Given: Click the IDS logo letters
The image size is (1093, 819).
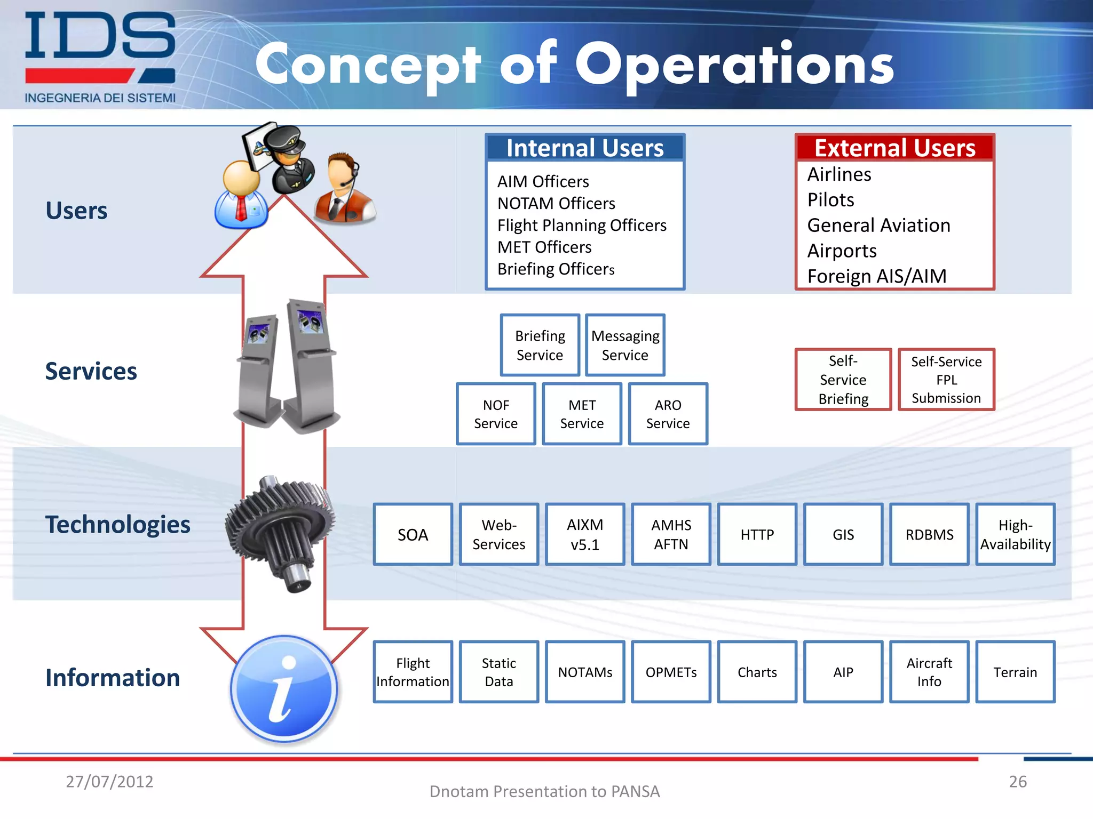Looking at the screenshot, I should (x=100, y=36).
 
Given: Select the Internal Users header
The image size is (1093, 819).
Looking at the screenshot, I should (x=585, y=148).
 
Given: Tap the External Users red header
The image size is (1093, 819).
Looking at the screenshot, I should (x=894, y=148).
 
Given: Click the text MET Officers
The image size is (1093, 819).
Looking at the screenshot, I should (x=544, y=247).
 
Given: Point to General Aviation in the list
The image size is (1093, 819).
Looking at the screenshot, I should (x=878, y=225).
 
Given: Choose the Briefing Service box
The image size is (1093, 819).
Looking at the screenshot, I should (x=540, y=345).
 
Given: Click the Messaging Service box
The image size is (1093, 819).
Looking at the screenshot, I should (x=625, y=345).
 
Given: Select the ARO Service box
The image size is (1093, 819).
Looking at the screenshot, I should (x=668, y=414).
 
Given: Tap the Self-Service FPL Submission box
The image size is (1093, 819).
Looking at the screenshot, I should (x=946, y=380).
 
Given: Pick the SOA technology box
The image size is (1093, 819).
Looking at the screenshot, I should (x=413, y=534).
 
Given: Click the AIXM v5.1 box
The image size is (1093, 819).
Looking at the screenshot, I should (x=585, y=534).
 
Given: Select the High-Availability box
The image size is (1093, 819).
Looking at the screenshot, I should (x=1015, y=534).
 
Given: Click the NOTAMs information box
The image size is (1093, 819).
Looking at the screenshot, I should (x=585, y=672).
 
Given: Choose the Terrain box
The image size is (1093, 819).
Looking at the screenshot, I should (x=1015, y=672).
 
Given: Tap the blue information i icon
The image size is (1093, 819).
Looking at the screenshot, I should (x=284, y=689).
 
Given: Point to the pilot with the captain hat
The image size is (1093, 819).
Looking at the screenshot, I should (x=291, y=160).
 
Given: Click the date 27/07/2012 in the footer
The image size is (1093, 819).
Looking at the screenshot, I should (x=109, y=781).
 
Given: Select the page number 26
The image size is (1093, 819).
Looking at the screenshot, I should (x=1017, y=781).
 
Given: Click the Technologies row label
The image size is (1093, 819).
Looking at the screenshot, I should (x=117, y=524).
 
